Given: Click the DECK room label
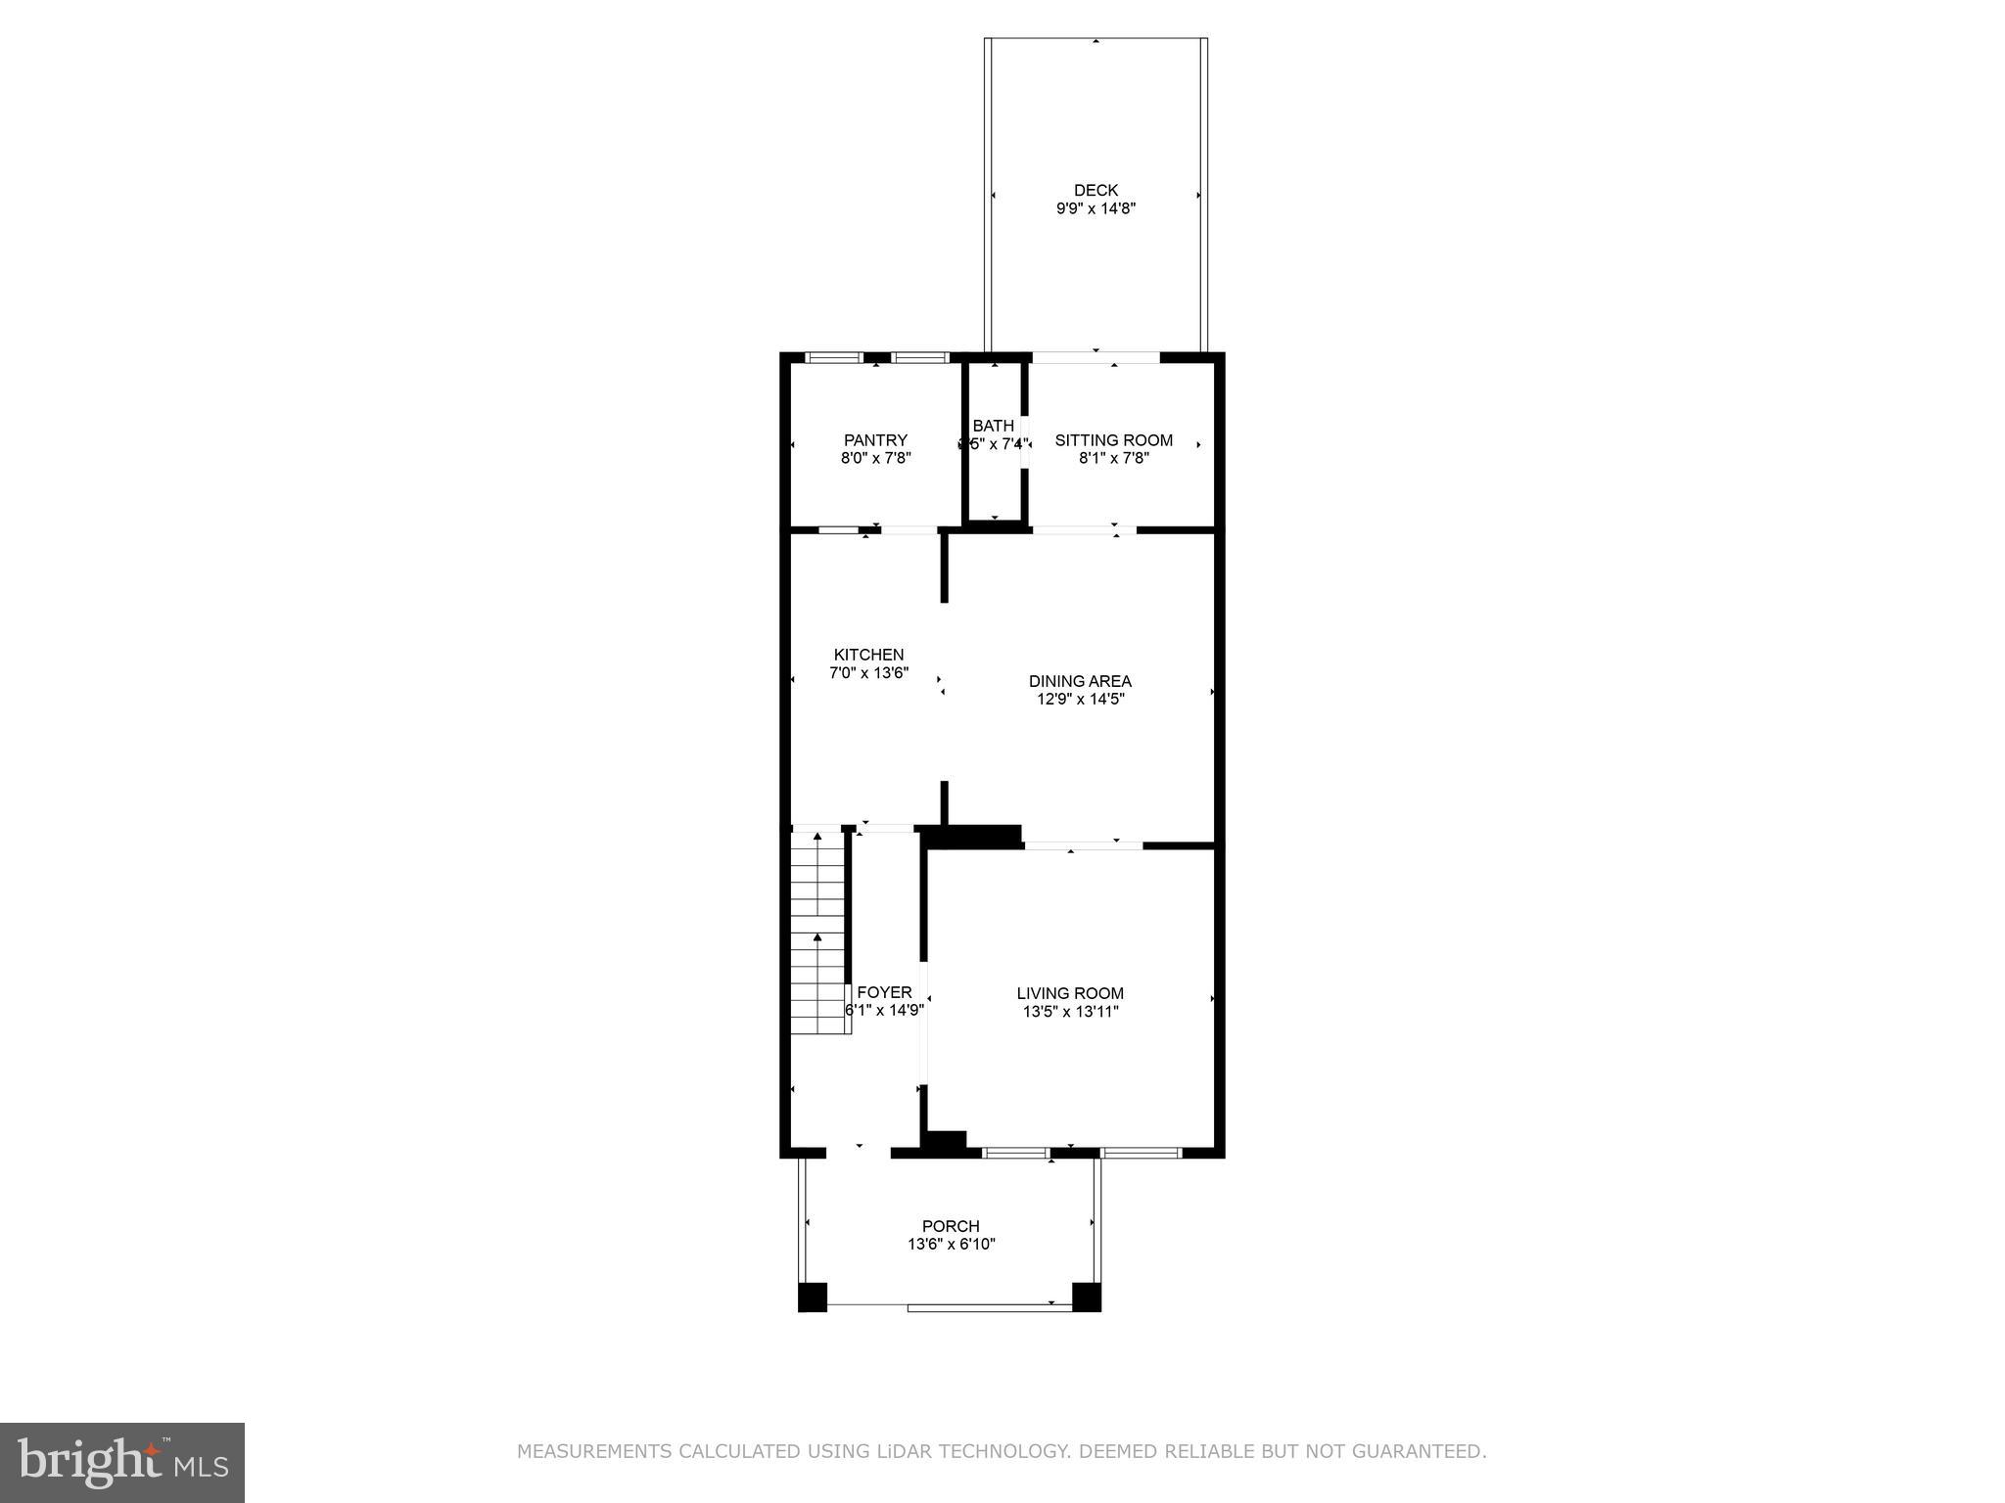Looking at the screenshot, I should click(x=1096, y=190).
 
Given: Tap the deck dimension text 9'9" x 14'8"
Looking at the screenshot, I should click(x=1096, y=208).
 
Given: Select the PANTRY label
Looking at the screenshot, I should click(x=875, y=440).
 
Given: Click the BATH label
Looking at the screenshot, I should click(x=993, y=426).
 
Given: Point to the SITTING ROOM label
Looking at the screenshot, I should click(x=1113, y=440).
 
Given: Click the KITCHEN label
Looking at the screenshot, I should click(x=868, y=655).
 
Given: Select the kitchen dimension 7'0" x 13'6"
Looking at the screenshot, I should click(x=868, y=673).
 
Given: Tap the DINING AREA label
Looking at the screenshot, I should click(x=1080, y=681).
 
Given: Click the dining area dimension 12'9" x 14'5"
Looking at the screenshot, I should click(x=1080, y=700).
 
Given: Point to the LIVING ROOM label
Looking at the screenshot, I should click(x=1070, y=993).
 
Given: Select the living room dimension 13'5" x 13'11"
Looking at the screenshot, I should click(x=1070, y=1012).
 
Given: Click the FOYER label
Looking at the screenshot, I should click(x=884, y=992).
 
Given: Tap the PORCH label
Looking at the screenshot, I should click(x=951, y=1226).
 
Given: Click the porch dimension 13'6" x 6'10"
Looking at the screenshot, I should click(x=951, y=1245).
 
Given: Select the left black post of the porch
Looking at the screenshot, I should click(x=813, y=1297).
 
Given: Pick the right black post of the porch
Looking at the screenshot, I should click(x=1087, y=1297).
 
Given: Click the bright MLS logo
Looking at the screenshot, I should click(x=121, y=1463).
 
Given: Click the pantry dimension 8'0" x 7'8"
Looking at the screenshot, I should click(x=875, y=458).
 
